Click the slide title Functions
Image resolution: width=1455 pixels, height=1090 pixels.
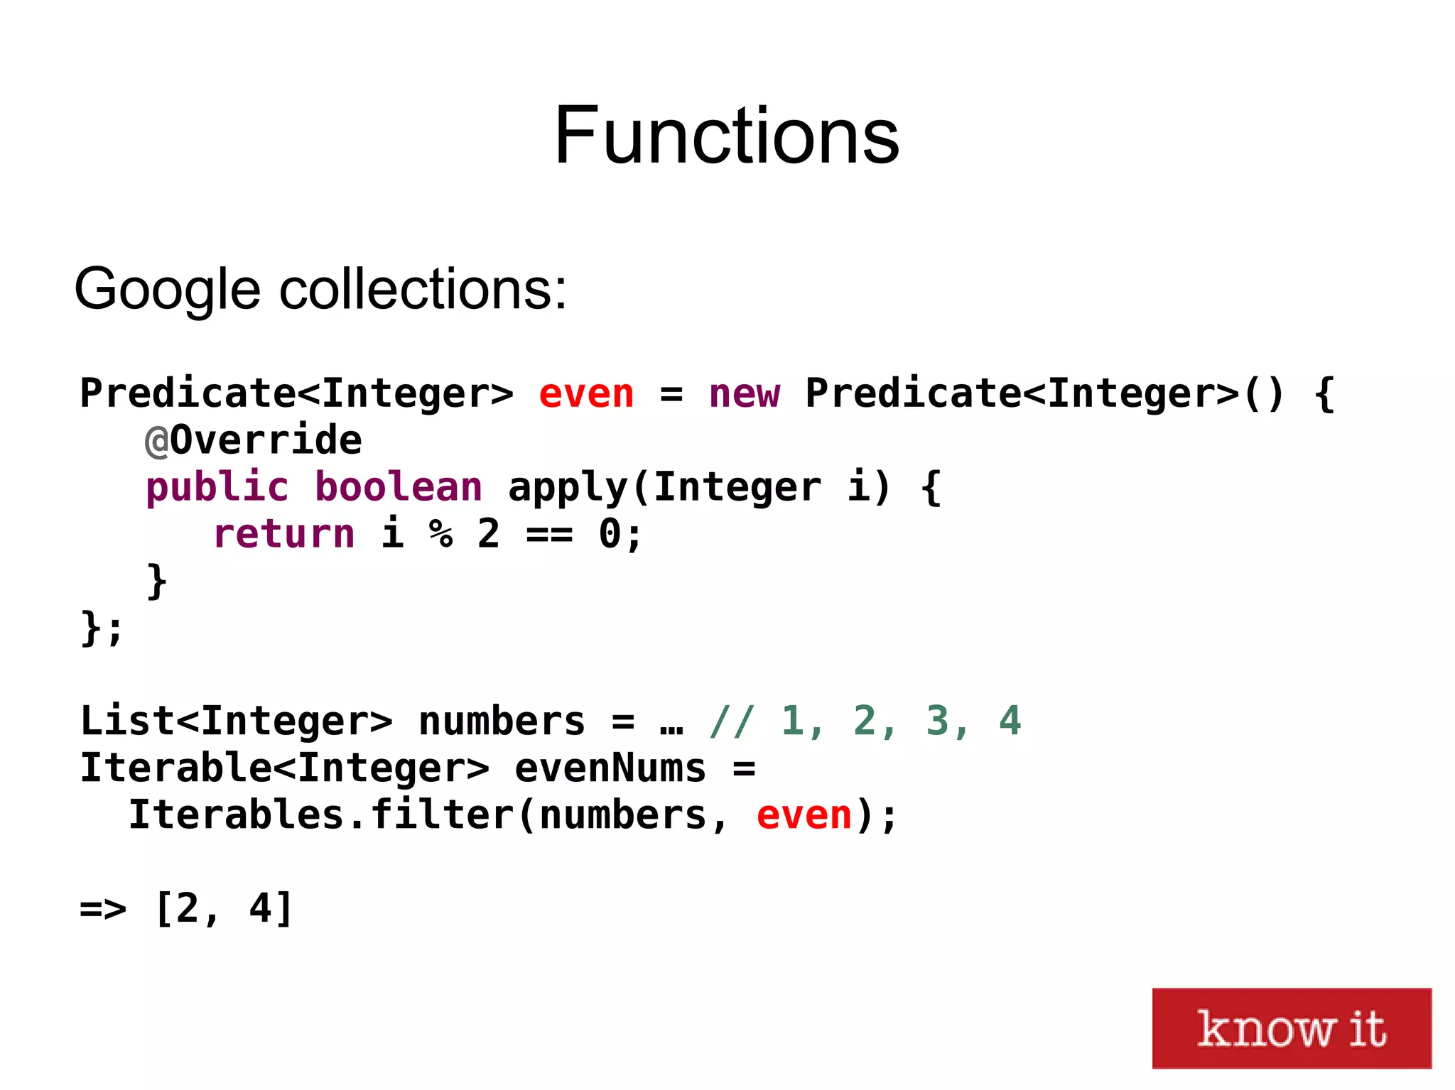coord(726,135)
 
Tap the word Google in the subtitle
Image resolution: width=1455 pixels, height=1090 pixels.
coord(167,290)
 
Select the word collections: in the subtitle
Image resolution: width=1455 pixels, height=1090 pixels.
coord(423,290)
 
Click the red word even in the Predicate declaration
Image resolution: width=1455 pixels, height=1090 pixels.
coord(585,394)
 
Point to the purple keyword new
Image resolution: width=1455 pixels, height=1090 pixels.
coord(744,394)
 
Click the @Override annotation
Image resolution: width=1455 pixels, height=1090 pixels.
coord(253,440)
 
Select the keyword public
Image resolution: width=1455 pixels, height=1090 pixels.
coord(217,488)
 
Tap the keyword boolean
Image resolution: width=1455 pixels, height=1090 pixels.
coord(398,488)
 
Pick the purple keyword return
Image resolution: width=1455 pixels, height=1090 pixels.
coord(283,534)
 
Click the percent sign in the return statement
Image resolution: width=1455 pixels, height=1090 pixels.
coord(440,534)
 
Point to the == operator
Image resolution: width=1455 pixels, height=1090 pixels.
coord(549,534)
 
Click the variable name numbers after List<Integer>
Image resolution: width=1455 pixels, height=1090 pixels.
coord(502,721)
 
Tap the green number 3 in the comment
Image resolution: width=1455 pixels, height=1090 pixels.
coord(938,721)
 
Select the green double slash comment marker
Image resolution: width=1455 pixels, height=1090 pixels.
coord(732,721)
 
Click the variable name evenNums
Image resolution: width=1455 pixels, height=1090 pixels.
coord(610,768)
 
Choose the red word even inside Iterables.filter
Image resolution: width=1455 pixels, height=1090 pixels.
coord(804,815)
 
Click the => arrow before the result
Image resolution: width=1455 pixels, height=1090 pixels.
coord(103,909)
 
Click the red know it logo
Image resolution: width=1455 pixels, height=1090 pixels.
coord(1291,1028)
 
